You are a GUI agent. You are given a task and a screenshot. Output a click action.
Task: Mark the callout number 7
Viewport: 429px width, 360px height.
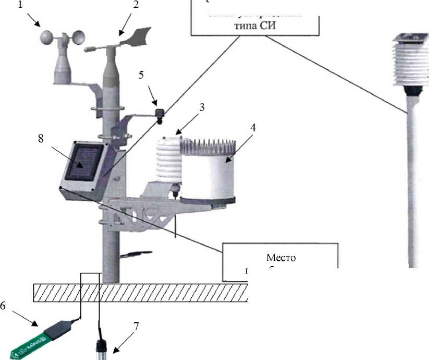pyautogui.click(x=136, y=327)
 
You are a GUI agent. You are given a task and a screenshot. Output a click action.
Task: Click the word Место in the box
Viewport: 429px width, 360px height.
pyautogui.click(x=280, y=257)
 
